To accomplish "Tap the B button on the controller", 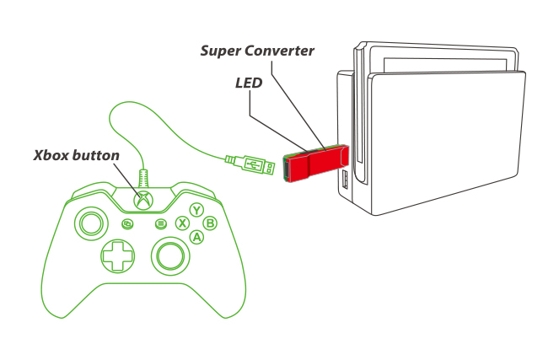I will pyautogui.click(x=211, y=223).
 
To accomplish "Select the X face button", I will pyautogui.click(x=181, y=223).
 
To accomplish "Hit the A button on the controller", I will pyautogui.click(x=196, y=237).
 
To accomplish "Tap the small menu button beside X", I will pyautogui.click(x=160, y=224).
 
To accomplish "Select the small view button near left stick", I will pyautogui.click(x=128, y=224).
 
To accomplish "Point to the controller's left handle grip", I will pyautogui.click(x=55, y=287).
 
